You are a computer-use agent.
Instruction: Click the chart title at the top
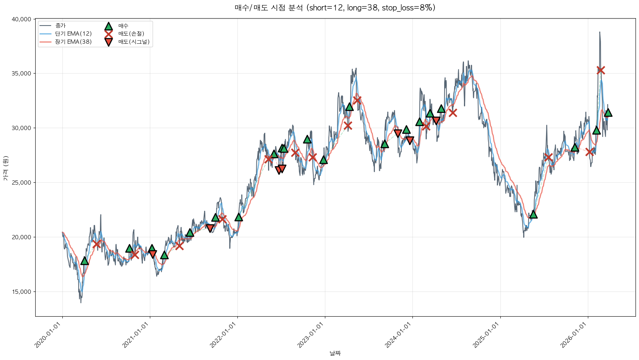click(335, 8)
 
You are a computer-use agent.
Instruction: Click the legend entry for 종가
click(60, 26)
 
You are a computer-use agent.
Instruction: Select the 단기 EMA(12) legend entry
click(73, 34)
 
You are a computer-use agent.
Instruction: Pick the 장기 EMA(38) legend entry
click(73, 42)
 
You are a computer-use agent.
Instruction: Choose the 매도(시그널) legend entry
click(134, 42)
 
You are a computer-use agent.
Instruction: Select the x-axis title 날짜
click(335, 353)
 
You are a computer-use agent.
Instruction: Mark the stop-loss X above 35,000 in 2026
click(601, 70)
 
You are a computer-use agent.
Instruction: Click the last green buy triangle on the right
click(608, 113)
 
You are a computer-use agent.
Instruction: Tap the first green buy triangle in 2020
click(84, 261)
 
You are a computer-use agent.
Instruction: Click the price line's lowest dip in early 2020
click(81, 302)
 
